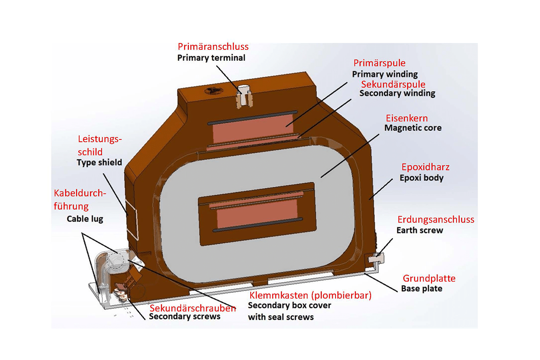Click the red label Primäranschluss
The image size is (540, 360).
(x=213, y=47)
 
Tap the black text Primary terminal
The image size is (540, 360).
(x=211, y=58)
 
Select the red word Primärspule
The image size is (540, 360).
(x=379, y=63)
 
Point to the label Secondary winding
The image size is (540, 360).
(x=397, y=93)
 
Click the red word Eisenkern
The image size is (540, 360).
(x=407, y=118)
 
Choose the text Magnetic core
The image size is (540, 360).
(x=413, y=128)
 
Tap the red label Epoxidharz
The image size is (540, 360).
(x=425, y=167)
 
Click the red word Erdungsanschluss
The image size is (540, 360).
(x=436, y=220)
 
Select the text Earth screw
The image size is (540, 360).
(x=420, y=230)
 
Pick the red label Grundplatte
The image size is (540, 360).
(x=429, y=278)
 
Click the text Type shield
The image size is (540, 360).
(x=99, y=162)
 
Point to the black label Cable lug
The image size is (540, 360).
(x=85, y=219)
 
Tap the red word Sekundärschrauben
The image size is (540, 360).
(x=192, y=308)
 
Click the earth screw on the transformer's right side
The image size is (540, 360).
(x=377, y=256)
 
